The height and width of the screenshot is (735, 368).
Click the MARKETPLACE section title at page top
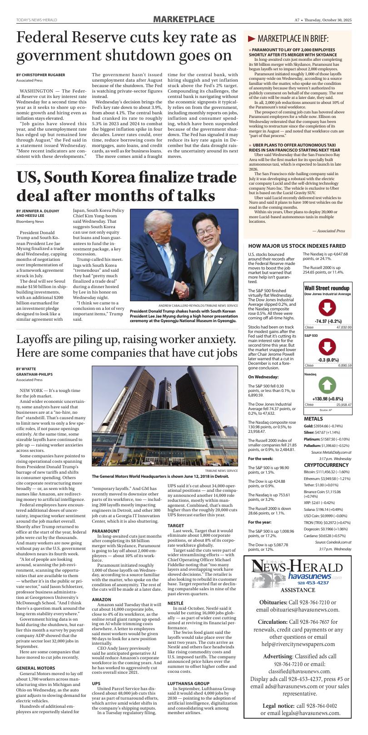click(184, 19)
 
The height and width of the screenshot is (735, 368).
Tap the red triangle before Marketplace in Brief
click(251, 39)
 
